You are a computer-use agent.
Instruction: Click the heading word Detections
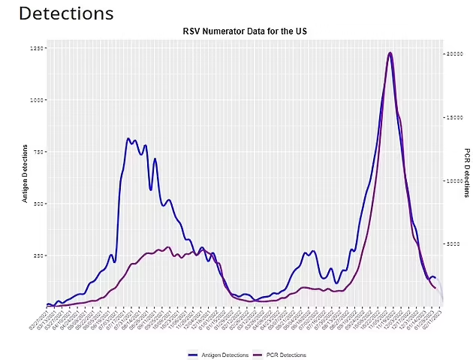pyautogui.click(x=66, y=14)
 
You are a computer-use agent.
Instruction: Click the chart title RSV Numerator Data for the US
pyautogui.click(x=245, y=32)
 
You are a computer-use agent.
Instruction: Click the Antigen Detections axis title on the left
pyautogui.click(x=25, y=174)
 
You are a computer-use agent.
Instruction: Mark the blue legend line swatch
pyautogui.click(x=193, y=355)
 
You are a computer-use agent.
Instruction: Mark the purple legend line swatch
pyautogui.click(x=256, y=355)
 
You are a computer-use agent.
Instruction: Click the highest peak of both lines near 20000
pyautogui.click(x=390, y=53)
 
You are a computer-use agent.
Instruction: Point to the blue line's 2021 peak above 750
pyautogui.click(x=128, y=139)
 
